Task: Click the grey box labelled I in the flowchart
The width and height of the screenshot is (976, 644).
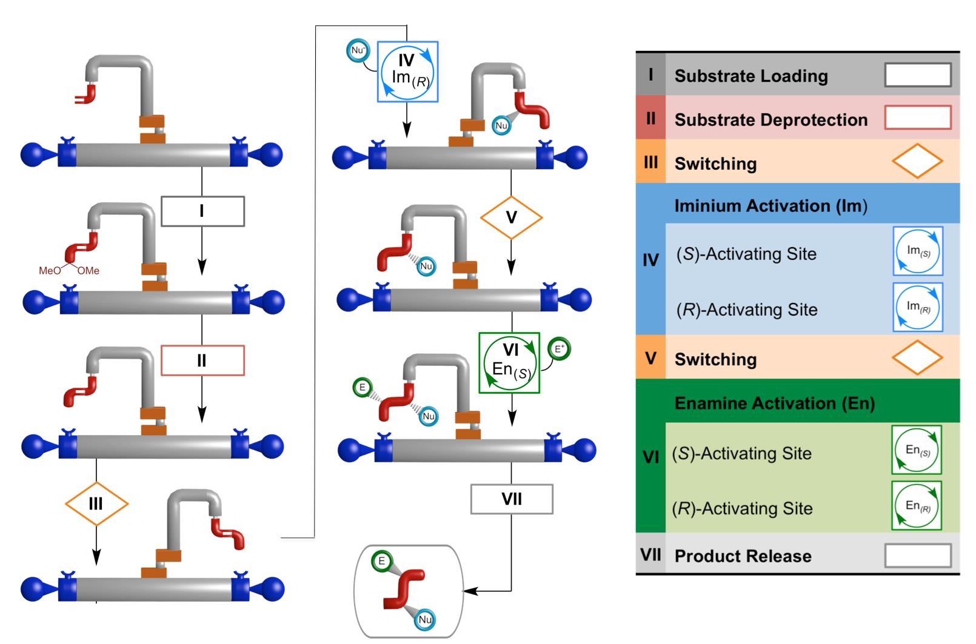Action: [202, 211]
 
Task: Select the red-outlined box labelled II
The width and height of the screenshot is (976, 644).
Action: [202, 360]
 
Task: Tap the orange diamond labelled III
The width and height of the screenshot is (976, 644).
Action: [96, 503]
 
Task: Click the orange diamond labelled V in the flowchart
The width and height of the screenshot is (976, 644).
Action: [511, 217]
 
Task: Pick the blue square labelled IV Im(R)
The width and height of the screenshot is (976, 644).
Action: [407, 71]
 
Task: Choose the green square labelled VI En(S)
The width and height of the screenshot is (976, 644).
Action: [509, 362]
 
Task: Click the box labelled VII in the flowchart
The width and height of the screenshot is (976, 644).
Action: [512, 499]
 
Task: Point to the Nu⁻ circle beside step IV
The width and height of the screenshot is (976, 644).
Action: [358, 50]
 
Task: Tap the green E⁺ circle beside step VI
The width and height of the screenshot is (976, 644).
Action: [559, 349]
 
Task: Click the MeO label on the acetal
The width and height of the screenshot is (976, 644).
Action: [50, 271]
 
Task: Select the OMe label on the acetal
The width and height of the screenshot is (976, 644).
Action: [88, 271]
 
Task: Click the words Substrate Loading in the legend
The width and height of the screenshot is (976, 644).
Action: [751, 76]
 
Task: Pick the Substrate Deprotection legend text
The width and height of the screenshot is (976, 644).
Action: [770, 120]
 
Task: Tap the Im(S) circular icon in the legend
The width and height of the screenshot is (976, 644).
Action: [918, 251]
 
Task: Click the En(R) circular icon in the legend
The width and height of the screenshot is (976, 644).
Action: [917, 505]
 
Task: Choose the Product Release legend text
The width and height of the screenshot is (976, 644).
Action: [743, 556]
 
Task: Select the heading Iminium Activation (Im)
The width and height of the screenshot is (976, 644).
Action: [770, 206]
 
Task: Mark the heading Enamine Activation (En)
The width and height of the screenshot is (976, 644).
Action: [774, 403]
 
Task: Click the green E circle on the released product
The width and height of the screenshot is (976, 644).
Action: [382, 561]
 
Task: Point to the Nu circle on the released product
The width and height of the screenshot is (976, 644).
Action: [425, 619]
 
